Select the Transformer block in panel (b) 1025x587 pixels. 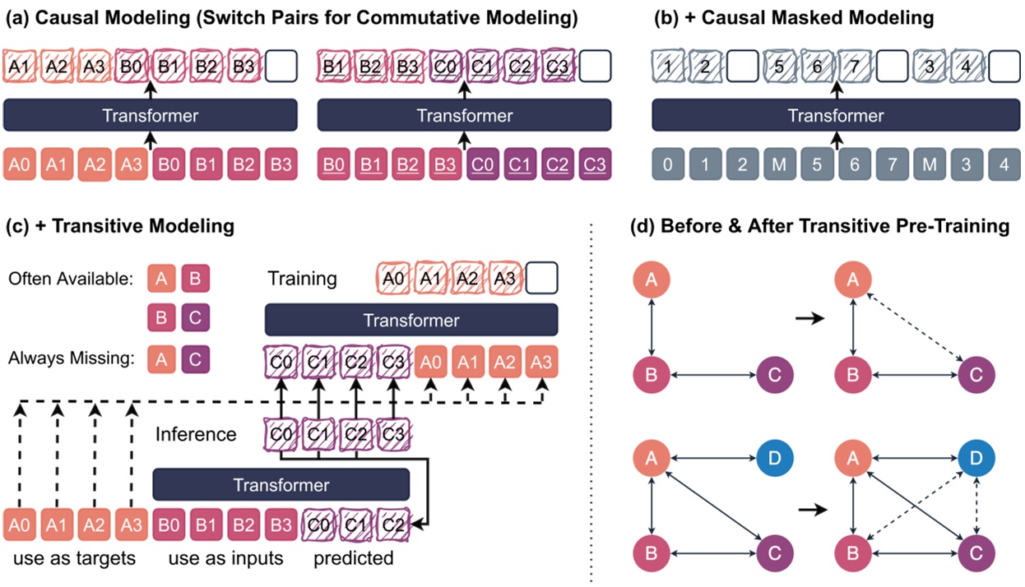tap(836, 115)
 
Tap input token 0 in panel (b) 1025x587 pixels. tap(668, 164)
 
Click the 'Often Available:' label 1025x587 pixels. tap(71, 279)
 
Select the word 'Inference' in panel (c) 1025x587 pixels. tap(196, 434)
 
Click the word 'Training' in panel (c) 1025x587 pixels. tap(302, 279)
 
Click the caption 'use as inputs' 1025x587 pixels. tap(225, 559)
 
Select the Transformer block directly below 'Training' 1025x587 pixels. tap(411, 319)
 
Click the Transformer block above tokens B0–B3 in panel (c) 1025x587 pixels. tap(281, 485)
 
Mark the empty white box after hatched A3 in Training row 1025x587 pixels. tap(541, 278)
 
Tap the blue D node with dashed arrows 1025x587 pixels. tap(976, 456)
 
